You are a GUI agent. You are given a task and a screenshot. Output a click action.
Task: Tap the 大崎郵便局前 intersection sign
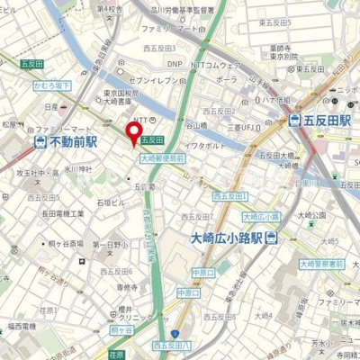pos(162,157)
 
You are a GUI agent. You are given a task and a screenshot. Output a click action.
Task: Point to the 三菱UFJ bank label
pos(253,114)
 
